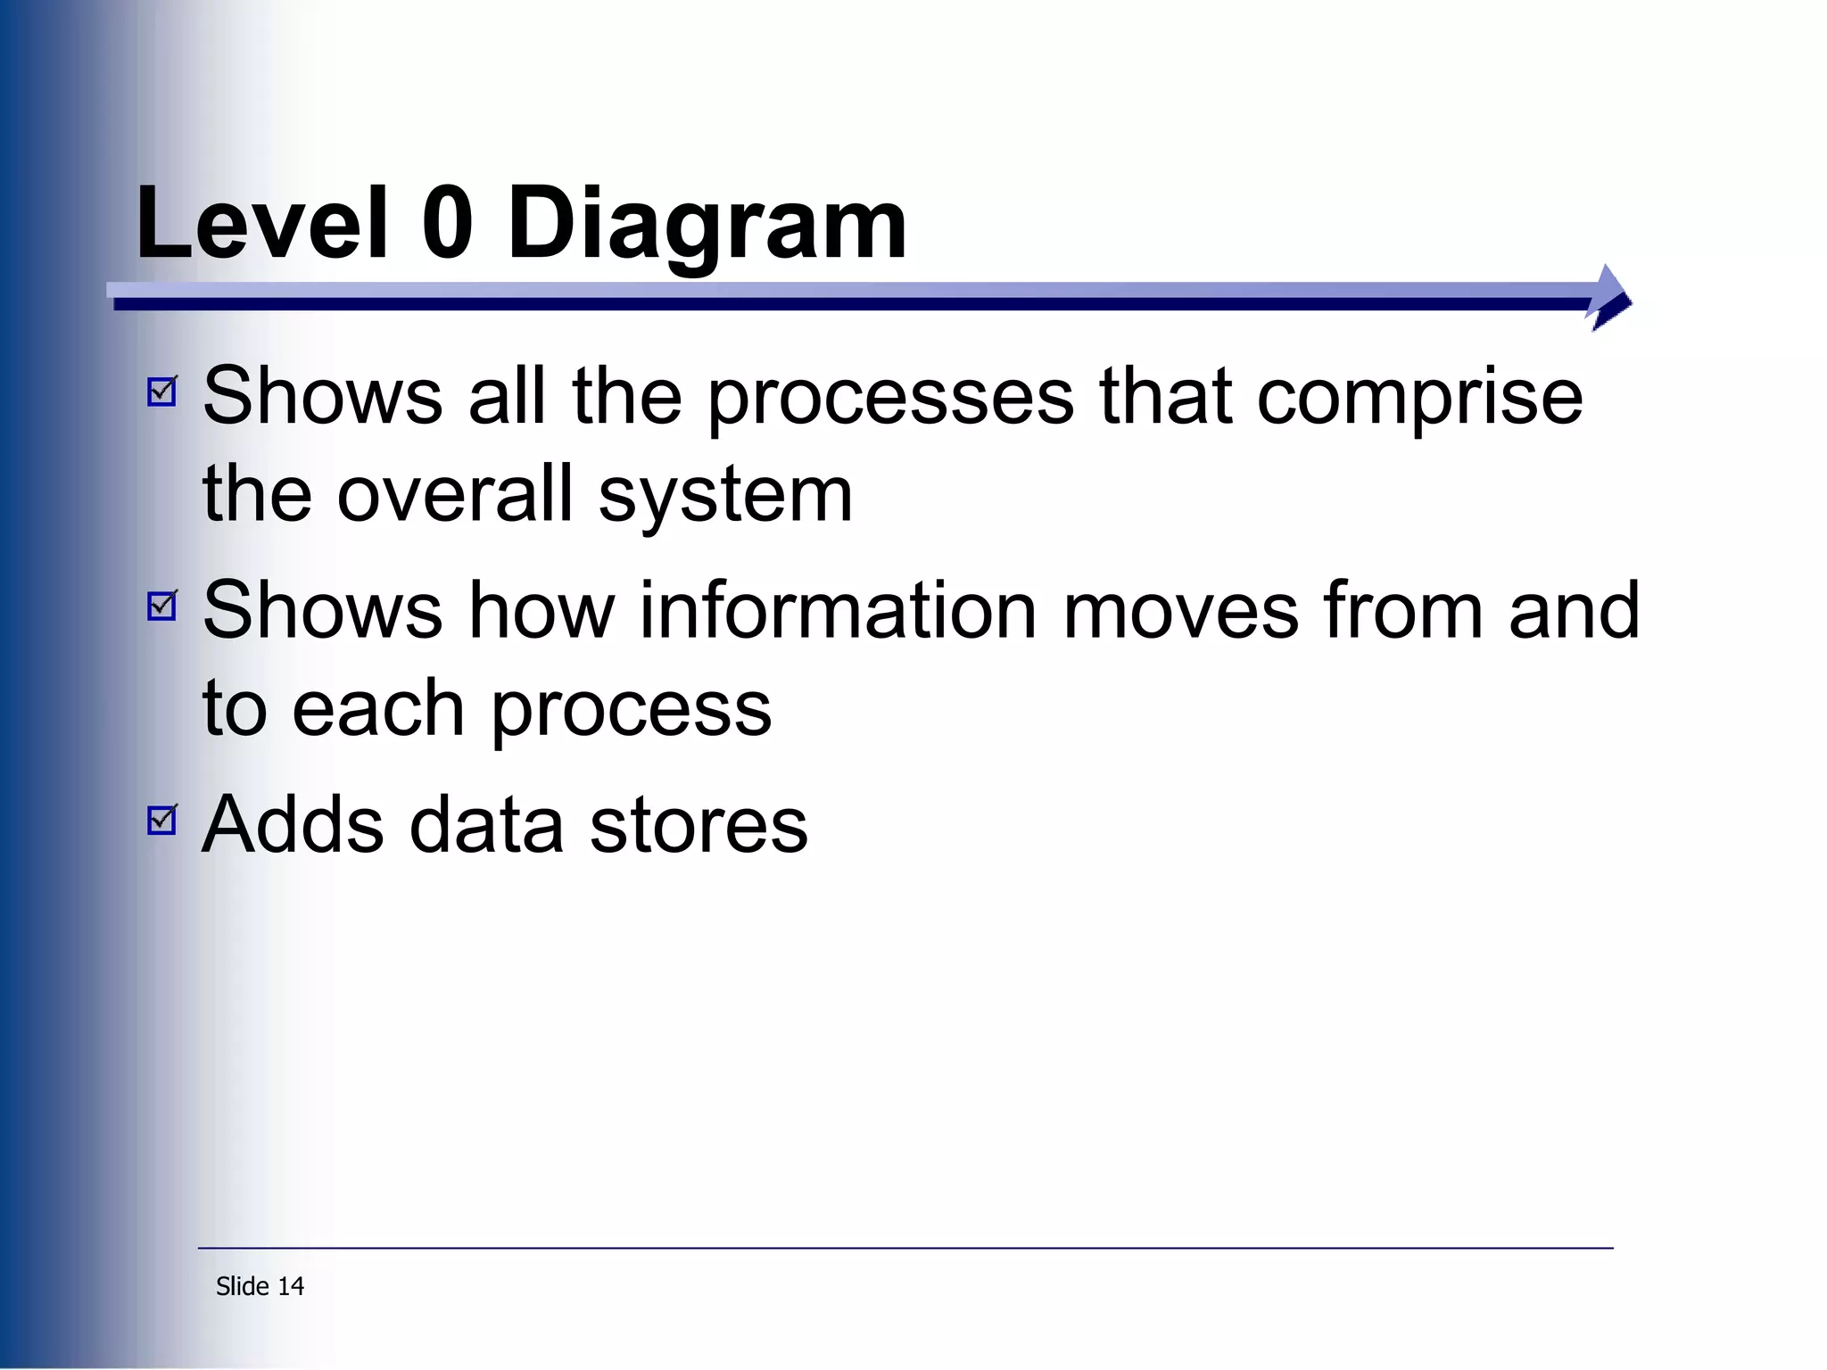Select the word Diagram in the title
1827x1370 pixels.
coord(707,227)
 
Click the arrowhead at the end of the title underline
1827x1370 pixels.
coord(1610,298)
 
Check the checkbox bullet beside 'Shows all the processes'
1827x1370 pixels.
coord(162,391)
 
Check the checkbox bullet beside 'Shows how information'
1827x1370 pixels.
coord(162,606)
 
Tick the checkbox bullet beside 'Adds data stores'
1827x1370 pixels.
coord(162,820)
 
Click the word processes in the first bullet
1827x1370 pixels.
coord(891,400)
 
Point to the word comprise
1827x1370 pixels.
coord(1419,400)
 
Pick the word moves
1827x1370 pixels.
coord(1181,611)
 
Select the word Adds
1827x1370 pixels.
coord(293,825)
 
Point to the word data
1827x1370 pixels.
coord(486,825)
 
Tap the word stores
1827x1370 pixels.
coord(699,827)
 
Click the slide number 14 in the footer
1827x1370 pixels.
coord(291,1286)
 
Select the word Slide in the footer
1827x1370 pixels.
coord(243,1286)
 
